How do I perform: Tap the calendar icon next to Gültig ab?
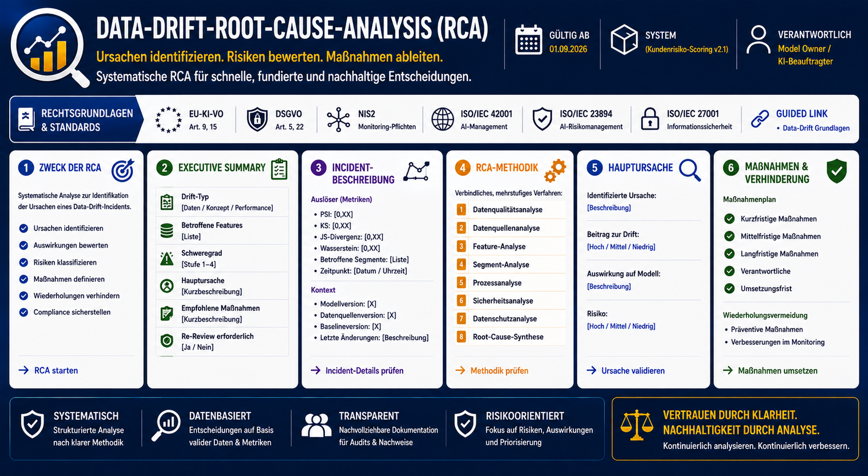528,40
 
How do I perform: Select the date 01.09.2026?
568,49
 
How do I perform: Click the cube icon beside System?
624,40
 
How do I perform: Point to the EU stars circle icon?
168,120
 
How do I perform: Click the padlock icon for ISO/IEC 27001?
650,119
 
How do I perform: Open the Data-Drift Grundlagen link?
816,128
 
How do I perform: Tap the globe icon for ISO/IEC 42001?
443,119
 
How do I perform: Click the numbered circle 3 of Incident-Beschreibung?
318,168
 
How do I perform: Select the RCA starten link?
48,370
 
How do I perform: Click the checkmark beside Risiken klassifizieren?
24,262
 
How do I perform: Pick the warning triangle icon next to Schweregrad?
167,259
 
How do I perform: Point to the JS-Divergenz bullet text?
352,237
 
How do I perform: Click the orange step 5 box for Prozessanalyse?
461,282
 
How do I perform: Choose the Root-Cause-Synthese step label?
508,337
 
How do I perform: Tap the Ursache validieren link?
626,371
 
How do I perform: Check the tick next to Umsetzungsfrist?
729,288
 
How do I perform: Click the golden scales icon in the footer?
636,425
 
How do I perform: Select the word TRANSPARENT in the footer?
369,416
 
